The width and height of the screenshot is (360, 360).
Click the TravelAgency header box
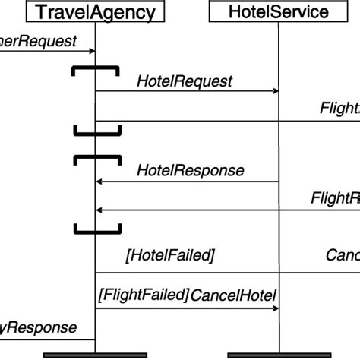pyautogui.click(x=96, y=11)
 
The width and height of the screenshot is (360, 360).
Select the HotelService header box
pyautogui.click(x=279, y=11)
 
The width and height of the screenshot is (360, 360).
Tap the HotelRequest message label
pyautogui.click(x=185, y=80)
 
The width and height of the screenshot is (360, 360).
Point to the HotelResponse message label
pyautogui.click(x=190, y=170)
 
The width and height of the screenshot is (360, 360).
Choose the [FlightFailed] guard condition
pyautogui.click(x=143, y=294)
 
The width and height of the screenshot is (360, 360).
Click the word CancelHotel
pyautogui.click(x=233, y=294)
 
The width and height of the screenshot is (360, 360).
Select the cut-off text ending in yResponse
pyautogui.click(x=38, y=327)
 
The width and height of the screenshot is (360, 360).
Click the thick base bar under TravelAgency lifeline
pyautogui.click(x=95, y=355)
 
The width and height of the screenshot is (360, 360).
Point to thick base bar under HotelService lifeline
pyautogui.click(x=279, y=355)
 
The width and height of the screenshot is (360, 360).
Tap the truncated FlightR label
pyautogui.click(x=335, y=198)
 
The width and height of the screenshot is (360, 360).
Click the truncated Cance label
pyautogui.click(x=342, y=255)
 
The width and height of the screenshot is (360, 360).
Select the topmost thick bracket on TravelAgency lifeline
pyautogui.click(x=95, y=69)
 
